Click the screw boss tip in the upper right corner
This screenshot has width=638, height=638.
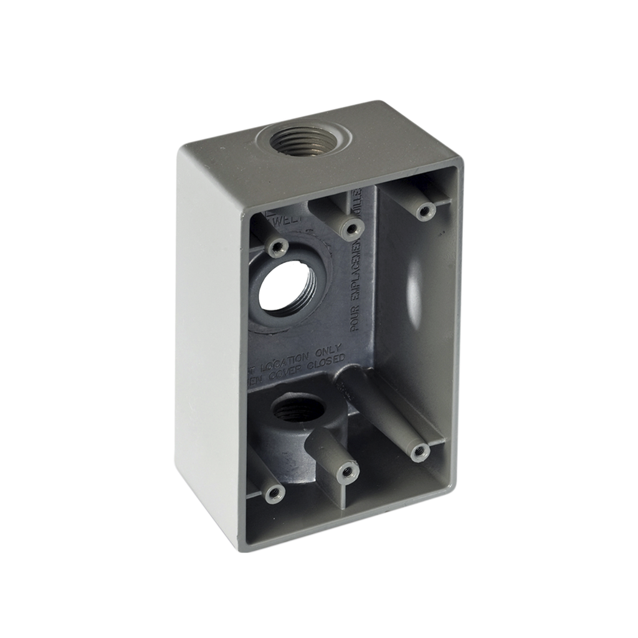pos(426,211)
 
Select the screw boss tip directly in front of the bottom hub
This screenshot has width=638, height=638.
pos(347,472)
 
